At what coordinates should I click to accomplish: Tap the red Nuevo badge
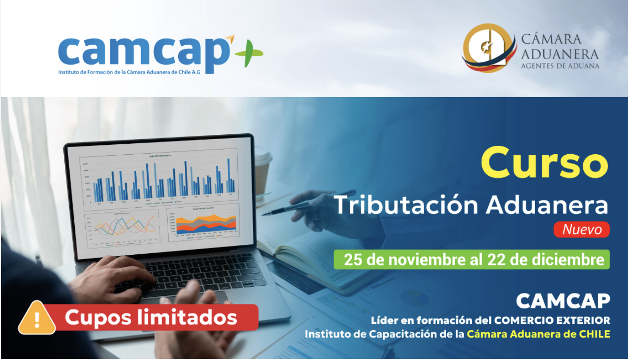581,230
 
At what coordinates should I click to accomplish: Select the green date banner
471,260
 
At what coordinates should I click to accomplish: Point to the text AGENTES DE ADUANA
560,66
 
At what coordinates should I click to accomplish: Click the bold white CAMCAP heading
563,301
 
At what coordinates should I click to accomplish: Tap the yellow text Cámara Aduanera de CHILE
538,334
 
